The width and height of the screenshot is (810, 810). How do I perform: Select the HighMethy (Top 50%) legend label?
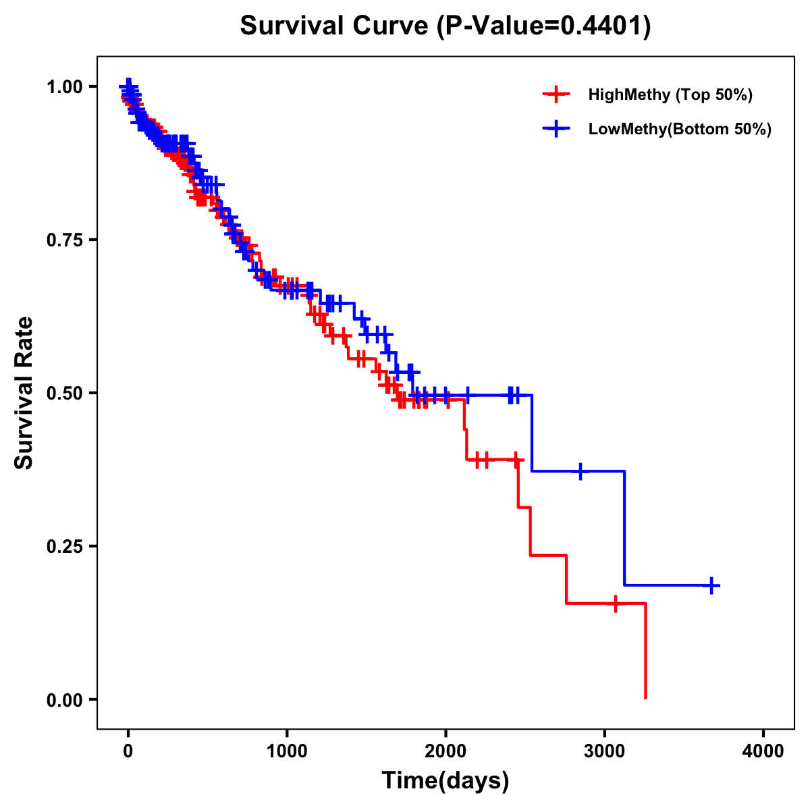click(670, 94)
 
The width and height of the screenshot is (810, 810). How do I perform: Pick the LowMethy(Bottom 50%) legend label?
click(680, 129)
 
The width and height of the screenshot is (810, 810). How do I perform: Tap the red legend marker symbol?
click(556, 94)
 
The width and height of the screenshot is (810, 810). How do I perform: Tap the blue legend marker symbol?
click(556, 129)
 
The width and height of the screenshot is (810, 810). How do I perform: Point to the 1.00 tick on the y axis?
click(64, 86)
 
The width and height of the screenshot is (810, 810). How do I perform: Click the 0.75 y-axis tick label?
click(64, 240)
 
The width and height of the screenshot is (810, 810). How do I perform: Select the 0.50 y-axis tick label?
click(64, 393)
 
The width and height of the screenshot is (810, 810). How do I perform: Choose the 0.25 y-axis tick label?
click(64, 546)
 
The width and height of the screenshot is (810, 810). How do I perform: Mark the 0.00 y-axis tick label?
click(64, 699)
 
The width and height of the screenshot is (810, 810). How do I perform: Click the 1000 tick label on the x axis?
click(287, 751)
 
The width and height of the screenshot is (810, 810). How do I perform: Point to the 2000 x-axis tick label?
click(446, 751)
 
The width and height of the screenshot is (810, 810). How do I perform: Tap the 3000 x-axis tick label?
click(605, 751)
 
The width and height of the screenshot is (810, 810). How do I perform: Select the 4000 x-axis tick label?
click(763, 751)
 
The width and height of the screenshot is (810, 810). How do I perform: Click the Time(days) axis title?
click(446, 781)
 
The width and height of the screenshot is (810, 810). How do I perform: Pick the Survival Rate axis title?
click(24, 393)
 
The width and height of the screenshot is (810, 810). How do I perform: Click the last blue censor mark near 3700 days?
click(711, 585)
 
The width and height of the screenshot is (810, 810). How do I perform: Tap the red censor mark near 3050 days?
click(615, 603)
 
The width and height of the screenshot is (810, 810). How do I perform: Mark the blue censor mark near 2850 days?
click(580, 472)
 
